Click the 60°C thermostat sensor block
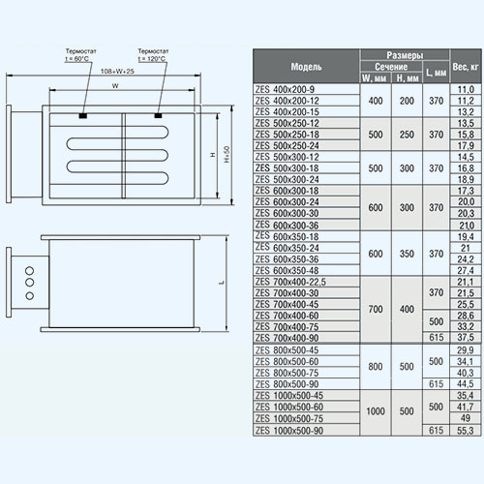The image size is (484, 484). coord(83,115)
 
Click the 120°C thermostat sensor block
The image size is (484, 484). coord(158,115)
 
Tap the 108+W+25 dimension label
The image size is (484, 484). coord(117,72)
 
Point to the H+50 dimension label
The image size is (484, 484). coord(227,155)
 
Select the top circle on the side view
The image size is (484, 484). coord(29,270)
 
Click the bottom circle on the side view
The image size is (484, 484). coord(29,295)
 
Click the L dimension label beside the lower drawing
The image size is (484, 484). coord(222,283)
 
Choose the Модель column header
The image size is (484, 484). coord(306,67)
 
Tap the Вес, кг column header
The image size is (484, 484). coord(465,67)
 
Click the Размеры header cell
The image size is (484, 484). coord(405,55)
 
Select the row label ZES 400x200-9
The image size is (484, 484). coord(285,89)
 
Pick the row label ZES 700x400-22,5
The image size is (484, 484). coord(290,282)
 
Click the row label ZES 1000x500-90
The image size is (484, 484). coord(289,431)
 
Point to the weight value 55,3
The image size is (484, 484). coord(465,431)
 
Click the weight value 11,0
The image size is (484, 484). coord(466,89)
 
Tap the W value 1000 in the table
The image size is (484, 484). coord(376,411)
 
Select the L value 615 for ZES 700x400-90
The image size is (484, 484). coord(437,337)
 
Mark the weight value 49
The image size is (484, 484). coord(465,418)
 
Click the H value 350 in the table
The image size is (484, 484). coord(407,254)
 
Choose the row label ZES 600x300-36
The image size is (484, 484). coord(287,225)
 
